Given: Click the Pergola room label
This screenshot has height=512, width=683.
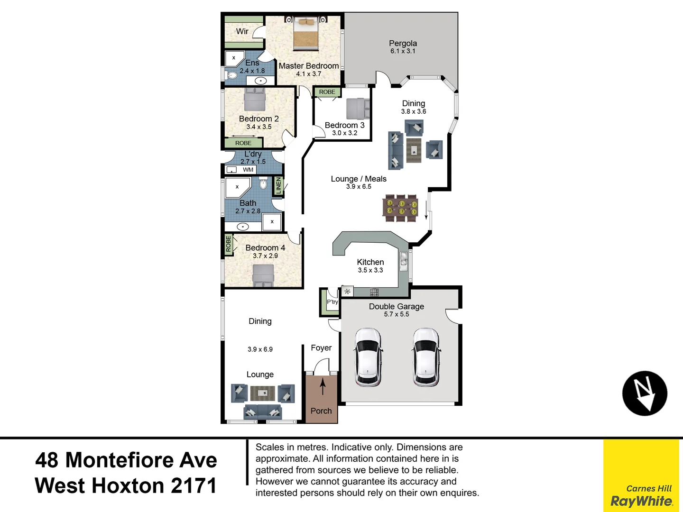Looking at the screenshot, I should click(403, 44).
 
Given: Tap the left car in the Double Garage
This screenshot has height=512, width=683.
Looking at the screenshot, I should click(368, 357).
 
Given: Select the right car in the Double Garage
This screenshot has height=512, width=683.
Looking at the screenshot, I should click(425, 357).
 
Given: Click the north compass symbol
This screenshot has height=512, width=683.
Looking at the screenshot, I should click(645, 393).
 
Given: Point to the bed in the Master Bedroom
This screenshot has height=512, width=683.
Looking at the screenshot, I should click(305, 33).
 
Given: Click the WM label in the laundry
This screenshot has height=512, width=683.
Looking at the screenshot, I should click(248, 170).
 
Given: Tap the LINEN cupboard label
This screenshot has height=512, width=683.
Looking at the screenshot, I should click(278, 185).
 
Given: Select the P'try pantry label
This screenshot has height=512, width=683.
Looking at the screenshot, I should click(332, 302).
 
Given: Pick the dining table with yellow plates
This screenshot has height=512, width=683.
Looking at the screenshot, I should click(400, 208).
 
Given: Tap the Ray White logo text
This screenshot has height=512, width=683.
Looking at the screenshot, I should click(641, 501).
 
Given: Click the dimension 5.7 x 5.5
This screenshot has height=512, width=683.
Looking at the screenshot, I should click(396, 314).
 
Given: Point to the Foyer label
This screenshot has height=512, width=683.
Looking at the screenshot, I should click(321, 348).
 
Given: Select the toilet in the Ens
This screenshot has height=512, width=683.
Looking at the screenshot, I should click(231, 75).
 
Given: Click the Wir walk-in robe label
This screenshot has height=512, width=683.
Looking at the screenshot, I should click(242, 31).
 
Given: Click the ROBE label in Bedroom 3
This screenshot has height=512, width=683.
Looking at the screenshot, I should click(327, 92).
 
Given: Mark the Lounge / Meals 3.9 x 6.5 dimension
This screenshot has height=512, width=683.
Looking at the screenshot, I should click(359, 187).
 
